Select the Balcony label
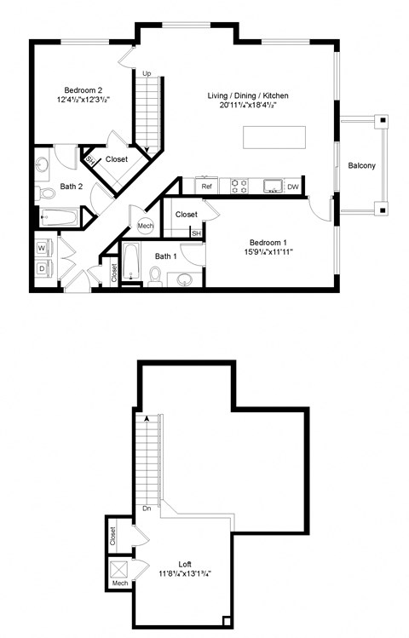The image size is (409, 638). (x=362, y=165)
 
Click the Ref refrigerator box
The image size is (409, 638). (x=205, y=186)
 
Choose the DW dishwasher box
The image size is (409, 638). (x=292, y=187)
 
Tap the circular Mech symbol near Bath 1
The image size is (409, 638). (x=146, y=226)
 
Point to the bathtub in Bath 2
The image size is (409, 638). (x=59, y=218)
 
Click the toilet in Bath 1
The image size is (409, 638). (x=155, y=275)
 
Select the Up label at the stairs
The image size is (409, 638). (x=147, y=74)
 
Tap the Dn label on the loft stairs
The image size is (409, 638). (x=147, y=510)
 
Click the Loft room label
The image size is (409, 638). (x=185, y=563)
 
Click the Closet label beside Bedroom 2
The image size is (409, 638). (x=117, y=159)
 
